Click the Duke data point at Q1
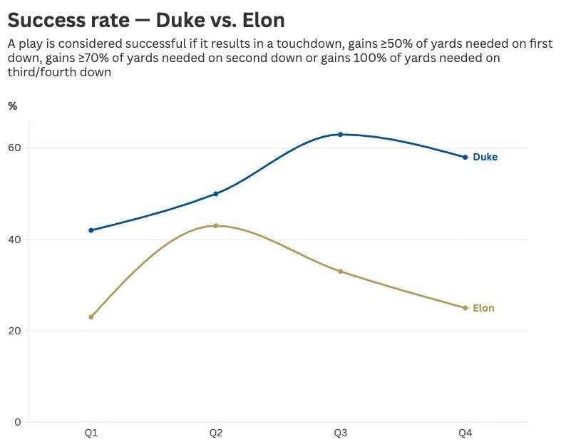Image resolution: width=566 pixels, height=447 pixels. pos(91,230)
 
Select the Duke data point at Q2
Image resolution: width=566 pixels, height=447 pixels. pos(215,194)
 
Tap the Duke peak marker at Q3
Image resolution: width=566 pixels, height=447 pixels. pos(340,134)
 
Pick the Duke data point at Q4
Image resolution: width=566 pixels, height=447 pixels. pos(465,157)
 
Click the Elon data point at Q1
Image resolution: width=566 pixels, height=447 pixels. pos(91,317)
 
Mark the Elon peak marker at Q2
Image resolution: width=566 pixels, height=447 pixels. pos(215,225)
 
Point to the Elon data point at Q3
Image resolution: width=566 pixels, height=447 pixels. pos(340,272)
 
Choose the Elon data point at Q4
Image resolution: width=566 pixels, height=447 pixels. pos(465,308)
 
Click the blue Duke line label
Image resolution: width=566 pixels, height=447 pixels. pos(485,157)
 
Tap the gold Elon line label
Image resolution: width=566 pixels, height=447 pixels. pos(483,309)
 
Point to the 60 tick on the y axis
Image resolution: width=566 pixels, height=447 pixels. pos(15,148)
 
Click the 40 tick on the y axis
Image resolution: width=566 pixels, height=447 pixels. pos(15,240)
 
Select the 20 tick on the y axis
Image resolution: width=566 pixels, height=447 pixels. pos(15,331)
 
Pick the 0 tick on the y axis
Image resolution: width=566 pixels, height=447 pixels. pos(18,422)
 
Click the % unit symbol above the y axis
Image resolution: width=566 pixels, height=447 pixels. pos(12,106)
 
